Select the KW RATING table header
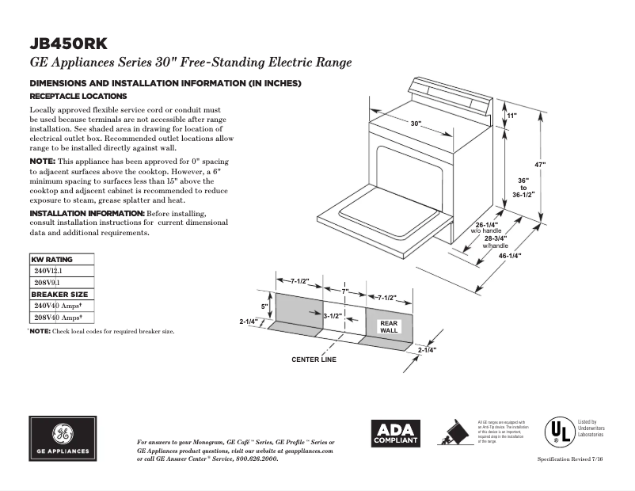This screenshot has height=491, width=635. click(x=51, y=260)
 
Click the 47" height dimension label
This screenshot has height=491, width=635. click(x=540, y=164)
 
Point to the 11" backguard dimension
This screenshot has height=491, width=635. click(x=511, y=116)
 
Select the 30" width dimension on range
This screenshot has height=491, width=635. click(x=416, y=124)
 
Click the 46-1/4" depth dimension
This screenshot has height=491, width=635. click(x=509, y=256)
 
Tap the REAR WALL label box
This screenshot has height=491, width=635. click(x=389, y=327)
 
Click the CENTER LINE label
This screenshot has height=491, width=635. click(x=314, y=360)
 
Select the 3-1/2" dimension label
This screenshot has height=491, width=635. click(x=333, y=315)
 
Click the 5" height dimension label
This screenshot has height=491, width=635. click(x=266, y=306)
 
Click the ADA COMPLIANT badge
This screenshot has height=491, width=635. click(x=396, y=433)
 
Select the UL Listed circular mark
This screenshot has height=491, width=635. click(x=560, y=432)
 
